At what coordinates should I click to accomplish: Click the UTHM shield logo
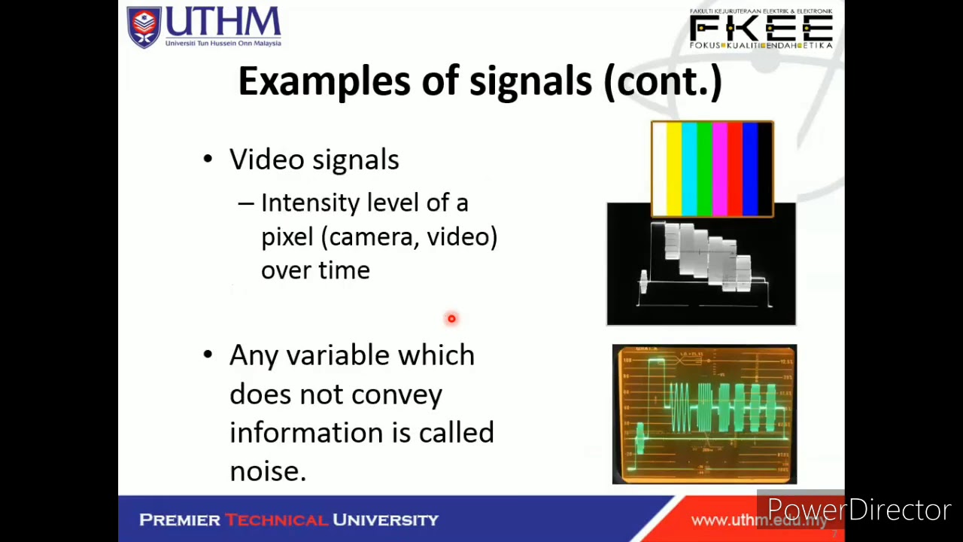144,27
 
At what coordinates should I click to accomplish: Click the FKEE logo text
761,29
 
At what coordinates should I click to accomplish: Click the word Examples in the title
324,81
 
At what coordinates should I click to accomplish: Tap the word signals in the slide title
530,81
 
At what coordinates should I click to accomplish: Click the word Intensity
310,203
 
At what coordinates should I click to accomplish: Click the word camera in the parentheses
372,237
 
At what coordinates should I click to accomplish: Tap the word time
343,271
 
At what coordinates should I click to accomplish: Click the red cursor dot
451,318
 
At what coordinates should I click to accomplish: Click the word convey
396,394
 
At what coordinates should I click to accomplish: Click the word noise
267,471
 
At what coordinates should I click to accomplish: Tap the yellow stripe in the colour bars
674,169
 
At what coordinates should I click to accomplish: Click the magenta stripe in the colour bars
719,169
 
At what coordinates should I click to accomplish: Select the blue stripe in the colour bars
750,169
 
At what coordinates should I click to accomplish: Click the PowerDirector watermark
858,510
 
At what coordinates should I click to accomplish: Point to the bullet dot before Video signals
208,159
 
